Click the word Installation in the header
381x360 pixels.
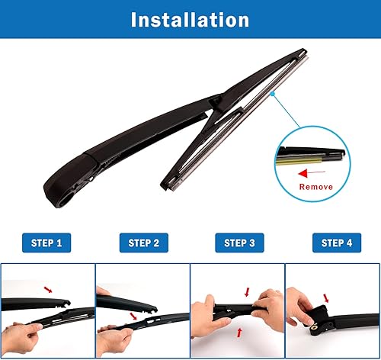pos(190,19)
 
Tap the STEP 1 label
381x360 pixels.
pos(46,243)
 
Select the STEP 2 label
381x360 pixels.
pos(142,243)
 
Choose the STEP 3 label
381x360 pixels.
pos(239,243)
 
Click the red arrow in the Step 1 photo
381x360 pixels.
pos(50,289)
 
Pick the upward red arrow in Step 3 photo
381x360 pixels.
pos(241,332)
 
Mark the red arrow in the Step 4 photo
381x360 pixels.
pos(327,298)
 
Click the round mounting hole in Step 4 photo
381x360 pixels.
pos(313,329)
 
